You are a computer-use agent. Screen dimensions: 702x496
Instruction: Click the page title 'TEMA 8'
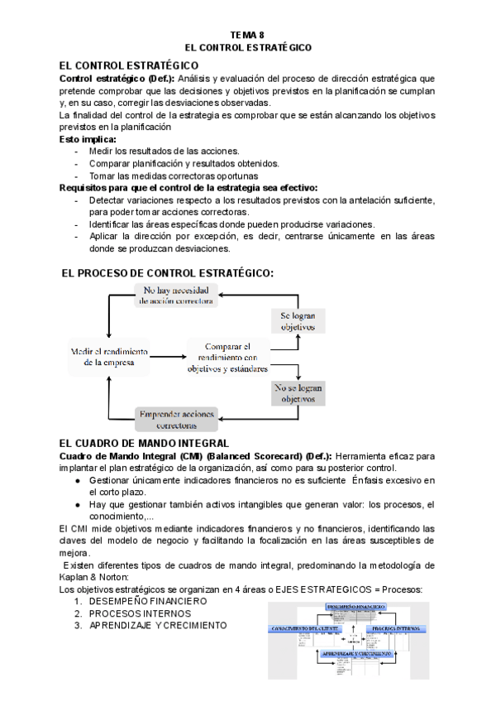(247, 36)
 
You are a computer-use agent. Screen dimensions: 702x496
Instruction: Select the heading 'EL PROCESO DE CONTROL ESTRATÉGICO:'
(168, 273)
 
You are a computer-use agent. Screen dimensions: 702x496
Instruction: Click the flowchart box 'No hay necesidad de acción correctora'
(178, 296)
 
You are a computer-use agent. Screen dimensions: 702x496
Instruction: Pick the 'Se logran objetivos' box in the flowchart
(299, 321)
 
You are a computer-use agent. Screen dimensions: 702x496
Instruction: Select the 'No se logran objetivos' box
(299, 392)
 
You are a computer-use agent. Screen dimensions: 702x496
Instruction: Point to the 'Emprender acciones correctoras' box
(177, 418)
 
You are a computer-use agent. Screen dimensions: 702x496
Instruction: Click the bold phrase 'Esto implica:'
(88, 139)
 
